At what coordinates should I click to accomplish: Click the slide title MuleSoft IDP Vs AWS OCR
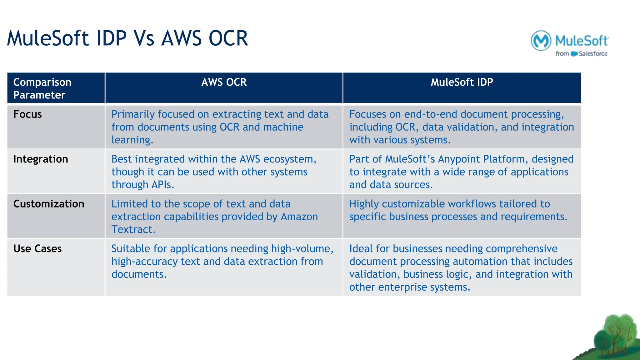(127, 39)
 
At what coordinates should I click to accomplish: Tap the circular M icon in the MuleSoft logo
(541, 41)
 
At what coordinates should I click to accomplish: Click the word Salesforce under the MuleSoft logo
(593, 54)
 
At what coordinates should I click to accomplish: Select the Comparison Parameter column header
(42, 88)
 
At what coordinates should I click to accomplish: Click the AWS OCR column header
(224, 82)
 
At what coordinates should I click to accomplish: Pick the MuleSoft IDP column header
(462, 82)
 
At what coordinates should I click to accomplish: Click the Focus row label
(27, 114)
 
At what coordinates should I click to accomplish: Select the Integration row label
(41, 159)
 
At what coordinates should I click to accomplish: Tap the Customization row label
(49, 204)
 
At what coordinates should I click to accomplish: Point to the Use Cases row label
(37, 249)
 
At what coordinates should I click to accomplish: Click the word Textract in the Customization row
(133, 230)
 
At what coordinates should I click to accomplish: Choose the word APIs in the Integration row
(162, 185)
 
